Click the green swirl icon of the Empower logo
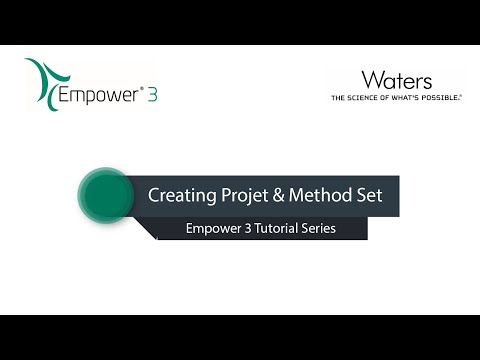tap(43, 83)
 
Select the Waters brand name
tap(397, 79)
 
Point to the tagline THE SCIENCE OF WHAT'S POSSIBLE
tap(397, 98)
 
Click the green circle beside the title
tap(105, 194)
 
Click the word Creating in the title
tap(181, 194)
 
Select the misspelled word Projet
tap(246, 194)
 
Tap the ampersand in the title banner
tap(285, 194)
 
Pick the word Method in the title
tap(326, 194)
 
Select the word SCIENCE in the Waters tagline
tap(366, 98)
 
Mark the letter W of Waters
tap(373, 79)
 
